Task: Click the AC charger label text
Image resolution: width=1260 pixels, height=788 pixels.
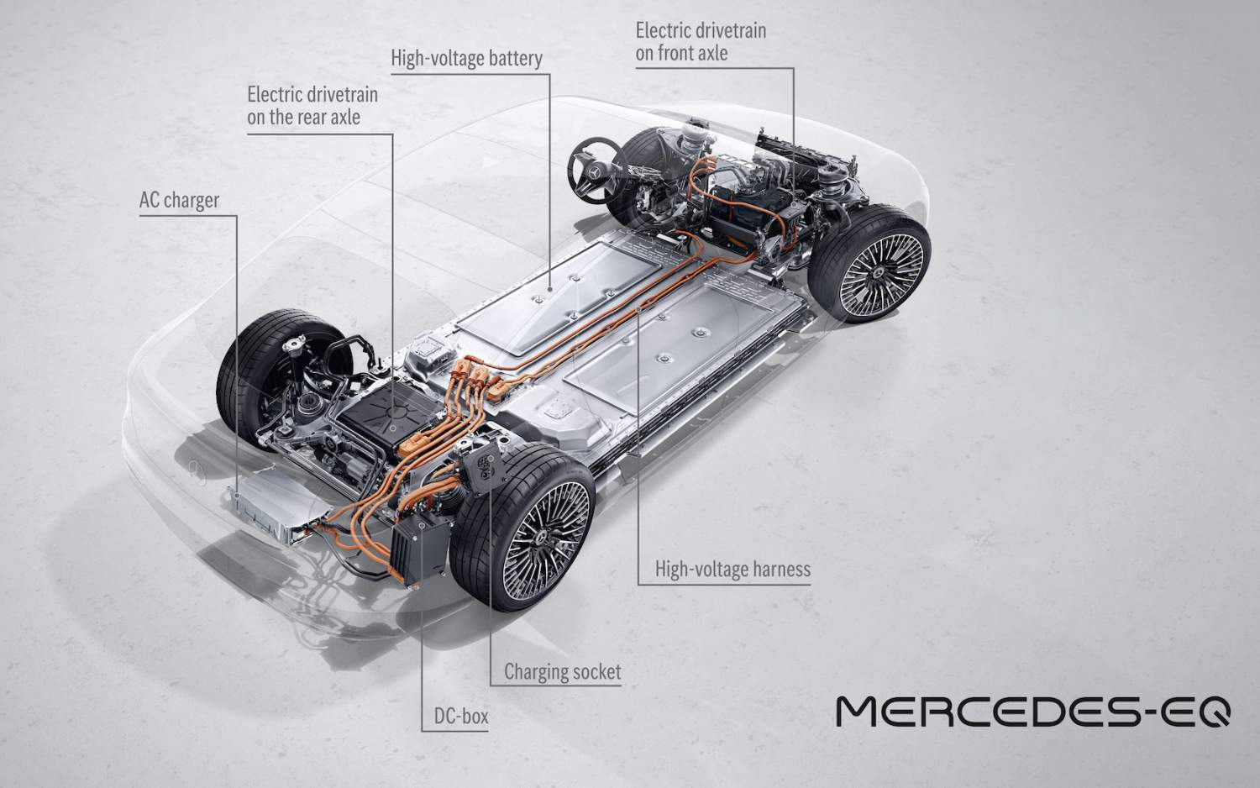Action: point(179,200)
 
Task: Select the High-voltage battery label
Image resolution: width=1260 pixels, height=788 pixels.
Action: point(466,59)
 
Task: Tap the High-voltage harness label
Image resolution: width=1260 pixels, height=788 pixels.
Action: point(732,570)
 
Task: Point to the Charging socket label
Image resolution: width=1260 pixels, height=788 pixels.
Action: point(563,671)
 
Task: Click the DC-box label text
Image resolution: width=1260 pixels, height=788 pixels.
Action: point(461,717)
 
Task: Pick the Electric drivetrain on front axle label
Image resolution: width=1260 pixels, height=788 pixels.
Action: point(701,42)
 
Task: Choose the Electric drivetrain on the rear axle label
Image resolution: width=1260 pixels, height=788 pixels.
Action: point(312,106)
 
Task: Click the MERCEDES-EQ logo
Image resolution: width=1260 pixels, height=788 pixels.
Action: point(1033,711)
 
